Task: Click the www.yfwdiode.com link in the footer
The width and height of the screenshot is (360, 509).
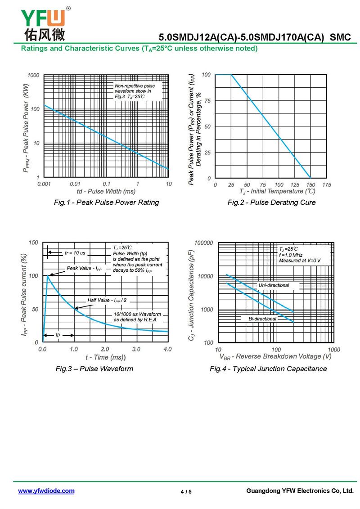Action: tap(46, 491)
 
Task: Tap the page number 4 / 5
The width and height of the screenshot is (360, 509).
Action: tap(186, 491)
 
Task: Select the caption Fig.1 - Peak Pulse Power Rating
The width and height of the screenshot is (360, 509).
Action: tap(106, 203)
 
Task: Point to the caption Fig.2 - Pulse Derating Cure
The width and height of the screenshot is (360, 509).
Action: tap(271, 203)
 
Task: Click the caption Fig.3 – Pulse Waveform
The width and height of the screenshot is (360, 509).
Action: tap(94, 369)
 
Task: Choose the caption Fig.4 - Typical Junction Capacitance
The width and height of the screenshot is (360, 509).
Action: tap(268, 369)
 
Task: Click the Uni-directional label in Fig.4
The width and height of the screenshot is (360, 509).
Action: tap(274, 285)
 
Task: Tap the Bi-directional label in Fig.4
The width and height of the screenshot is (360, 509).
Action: tap(262, 319)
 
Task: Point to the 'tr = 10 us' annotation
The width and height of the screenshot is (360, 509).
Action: tap(75, 253)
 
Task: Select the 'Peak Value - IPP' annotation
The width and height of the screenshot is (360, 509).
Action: tap(84, 268)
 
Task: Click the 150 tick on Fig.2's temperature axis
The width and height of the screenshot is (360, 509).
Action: tap(310, 185)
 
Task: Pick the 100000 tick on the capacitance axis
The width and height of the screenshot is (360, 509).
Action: tap(203, 243)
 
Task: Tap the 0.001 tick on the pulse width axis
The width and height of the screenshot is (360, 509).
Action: tap(44, 184)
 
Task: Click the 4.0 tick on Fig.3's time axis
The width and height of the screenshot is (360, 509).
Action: tap(167, 349)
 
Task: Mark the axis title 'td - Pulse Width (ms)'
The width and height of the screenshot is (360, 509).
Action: tap(106, 191)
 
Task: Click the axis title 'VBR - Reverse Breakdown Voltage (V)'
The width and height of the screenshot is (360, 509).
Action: tap(275, 357)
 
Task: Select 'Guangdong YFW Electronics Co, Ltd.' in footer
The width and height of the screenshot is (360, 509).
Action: tap(300, 491)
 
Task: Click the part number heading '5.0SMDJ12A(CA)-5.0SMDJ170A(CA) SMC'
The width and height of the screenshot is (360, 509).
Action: tap(255, 38)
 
